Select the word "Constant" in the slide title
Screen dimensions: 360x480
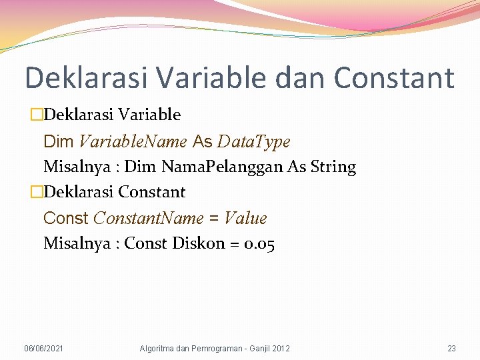(394, 78)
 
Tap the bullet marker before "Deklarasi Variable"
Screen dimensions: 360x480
(37, 115)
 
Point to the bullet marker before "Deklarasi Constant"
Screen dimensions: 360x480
(37, 193)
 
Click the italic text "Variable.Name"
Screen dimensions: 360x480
(133, 141)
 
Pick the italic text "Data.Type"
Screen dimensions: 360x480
(254, 141)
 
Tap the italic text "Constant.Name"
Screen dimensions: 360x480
(147, 218)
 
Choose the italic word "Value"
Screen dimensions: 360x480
(245, 218)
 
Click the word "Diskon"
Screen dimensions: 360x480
(199, 243)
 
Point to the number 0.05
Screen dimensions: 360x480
(259, 243)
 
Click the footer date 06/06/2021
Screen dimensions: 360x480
(44, 349)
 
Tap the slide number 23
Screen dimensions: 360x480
(451, 349)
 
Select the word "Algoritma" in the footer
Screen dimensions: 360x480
(158, 349)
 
